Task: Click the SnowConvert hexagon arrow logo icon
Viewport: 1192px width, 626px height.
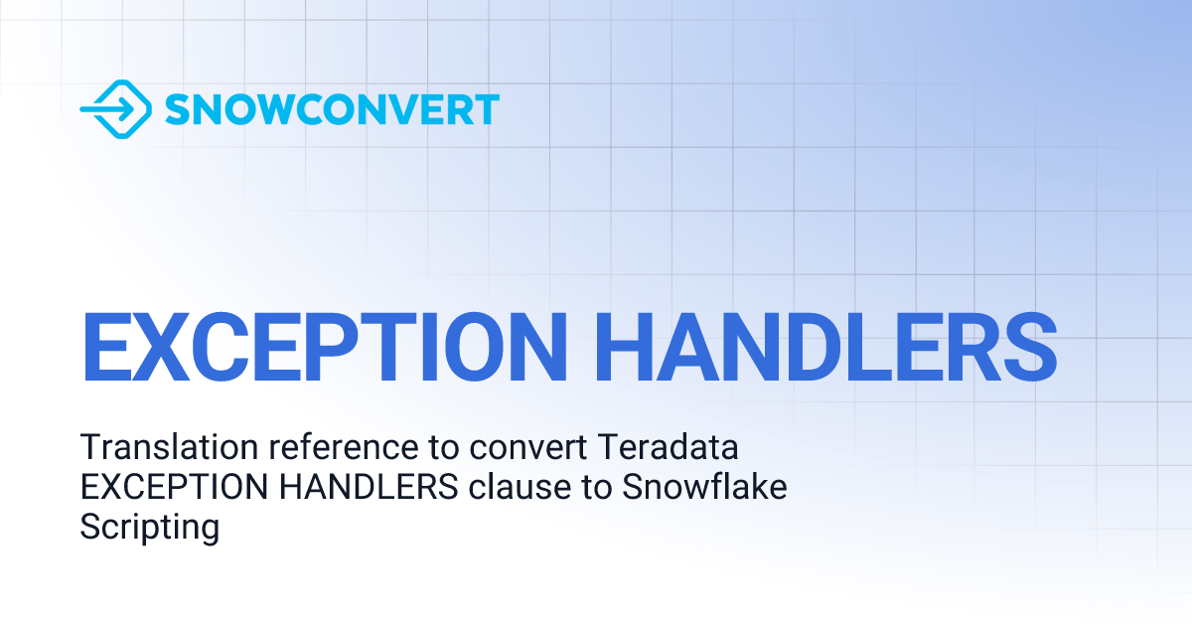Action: (116, 109)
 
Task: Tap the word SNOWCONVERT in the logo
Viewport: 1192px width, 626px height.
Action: (332, 109)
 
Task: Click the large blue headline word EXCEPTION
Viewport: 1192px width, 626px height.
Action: (324, 348)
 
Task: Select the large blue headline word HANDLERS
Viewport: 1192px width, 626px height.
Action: (825, 348)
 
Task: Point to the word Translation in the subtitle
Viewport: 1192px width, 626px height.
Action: (169, 446)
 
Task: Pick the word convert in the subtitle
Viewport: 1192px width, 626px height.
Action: (527, 448)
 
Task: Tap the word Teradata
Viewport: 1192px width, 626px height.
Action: (668, 446)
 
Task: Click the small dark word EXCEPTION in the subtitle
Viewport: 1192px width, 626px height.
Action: (174, 487)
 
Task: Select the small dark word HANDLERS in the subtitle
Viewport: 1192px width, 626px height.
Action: (369, 487)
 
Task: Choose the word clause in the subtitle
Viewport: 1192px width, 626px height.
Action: (520, 487)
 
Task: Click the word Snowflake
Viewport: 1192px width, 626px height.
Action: (704, 487)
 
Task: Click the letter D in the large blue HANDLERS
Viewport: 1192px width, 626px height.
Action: (816, 348)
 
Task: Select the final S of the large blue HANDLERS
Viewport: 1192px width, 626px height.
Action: (1030, 348)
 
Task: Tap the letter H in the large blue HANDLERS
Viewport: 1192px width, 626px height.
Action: (624, 348)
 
